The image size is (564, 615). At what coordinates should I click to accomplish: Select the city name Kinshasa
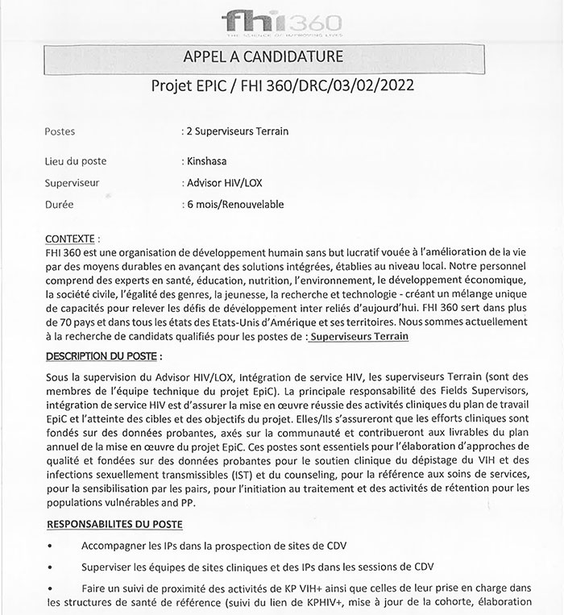208,161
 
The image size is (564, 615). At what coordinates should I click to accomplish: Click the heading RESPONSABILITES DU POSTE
114,525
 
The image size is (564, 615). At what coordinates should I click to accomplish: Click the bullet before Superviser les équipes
50,567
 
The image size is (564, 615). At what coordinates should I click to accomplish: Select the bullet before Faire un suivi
50,588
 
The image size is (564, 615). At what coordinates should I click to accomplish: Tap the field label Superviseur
73,183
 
